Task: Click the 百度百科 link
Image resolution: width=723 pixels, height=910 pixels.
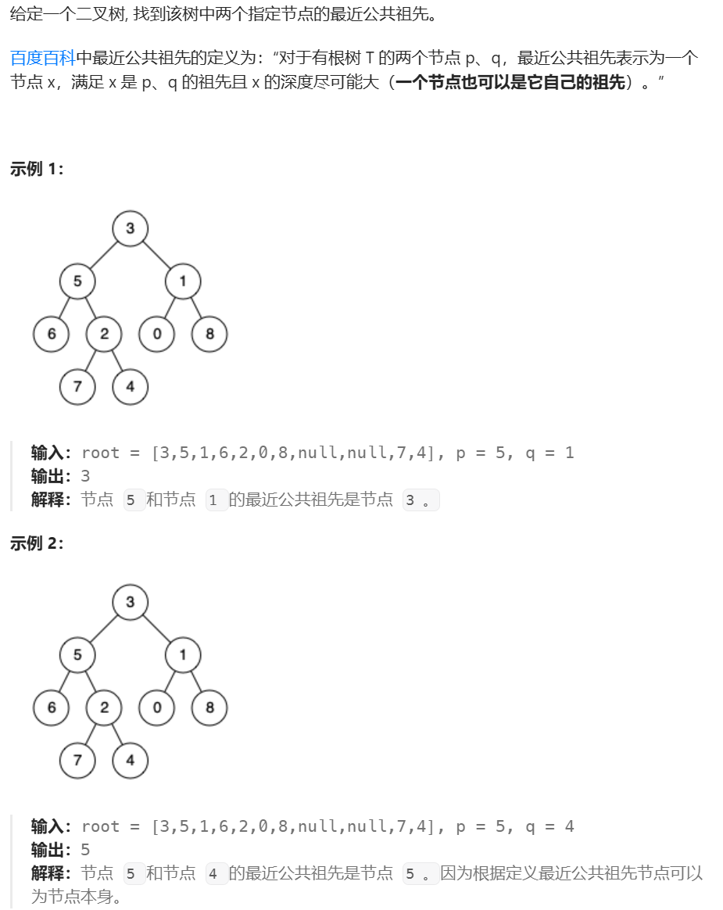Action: coord(42,58)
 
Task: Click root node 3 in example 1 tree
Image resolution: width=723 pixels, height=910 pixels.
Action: coord(130,228)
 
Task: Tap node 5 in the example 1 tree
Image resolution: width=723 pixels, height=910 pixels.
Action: coord(77,281)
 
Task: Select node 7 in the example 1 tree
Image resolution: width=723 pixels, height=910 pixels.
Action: coord(77,386)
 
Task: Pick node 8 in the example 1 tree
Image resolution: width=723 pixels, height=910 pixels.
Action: coord(209,334)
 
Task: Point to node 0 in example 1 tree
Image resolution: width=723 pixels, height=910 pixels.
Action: coord(157,334)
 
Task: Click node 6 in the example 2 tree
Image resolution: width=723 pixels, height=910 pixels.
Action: coord(52,708)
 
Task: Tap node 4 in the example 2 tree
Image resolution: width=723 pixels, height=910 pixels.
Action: coord(130,760)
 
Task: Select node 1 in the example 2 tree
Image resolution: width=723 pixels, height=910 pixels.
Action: coord(183,654)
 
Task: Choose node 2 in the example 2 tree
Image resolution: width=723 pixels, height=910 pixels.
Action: coord(104,708)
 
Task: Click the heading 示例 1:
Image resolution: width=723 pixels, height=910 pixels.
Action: coord(37,170)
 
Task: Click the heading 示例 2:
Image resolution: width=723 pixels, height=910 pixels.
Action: coord(37,543)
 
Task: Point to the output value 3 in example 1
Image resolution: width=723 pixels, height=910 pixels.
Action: coord(85,476)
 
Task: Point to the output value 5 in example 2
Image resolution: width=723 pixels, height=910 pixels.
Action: coord(85,850)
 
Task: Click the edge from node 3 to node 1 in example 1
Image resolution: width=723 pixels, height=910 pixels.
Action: coord(156,254)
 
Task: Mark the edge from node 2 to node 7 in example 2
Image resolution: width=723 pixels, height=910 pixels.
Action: coord(91,734)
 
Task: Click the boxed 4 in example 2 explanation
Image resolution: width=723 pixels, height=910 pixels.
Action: coord(213,874)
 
